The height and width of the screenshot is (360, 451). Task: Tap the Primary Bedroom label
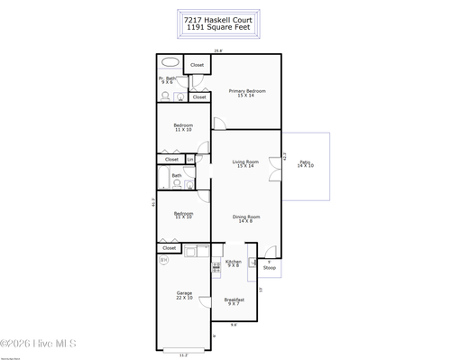pyautogui.click(x=245, y=93)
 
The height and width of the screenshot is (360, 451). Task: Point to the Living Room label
pyautogui.click(x=245, y=163)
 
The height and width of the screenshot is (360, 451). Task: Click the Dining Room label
pyautogui.click(x=245, y=218)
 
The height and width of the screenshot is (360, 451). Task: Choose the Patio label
pyautogui.click(x=306, y=163)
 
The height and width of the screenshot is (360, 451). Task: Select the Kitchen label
pyautogui.click(x=234, y=263)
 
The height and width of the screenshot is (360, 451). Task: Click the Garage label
pyautogui.click(x=184, y=295)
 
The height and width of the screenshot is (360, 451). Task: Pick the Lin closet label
pyautogui.click(x=190, y=160)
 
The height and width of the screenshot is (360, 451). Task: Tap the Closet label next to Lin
pyautogui.click(x=171, y=160)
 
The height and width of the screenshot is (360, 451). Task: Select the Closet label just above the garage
pyautogui.click(x=169, y=247)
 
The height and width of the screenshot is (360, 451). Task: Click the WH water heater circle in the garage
pyautogui.click(x=164, y=261)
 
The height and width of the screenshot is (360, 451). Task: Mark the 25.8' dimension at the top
pyautogui.click(x=217, y=51)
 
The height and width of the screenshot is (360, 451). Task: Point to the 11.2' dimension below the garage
pyautogui.click(x=184, y=355)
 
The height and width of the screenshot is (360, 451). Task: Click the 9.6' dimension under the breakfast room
pyautogui.click(x=234, y=325)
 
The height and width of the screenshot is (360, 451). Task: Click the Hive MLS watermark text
pyautogui.click(x=39, y=343)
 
